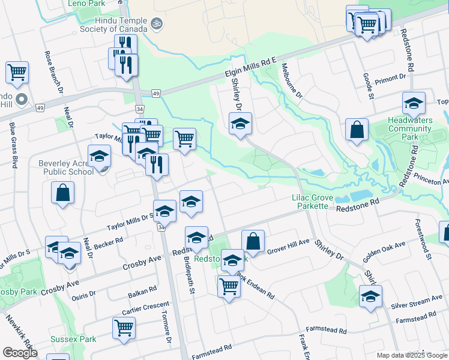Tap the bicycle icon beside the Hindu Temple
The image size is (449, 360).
click(157, 23)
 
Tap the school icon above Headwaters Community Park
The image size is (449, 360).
click(414, 104)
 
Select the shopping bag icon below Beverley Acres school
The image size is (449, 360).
click(63, 193)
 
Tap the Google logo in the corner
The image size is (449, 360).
click(20, 353)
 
